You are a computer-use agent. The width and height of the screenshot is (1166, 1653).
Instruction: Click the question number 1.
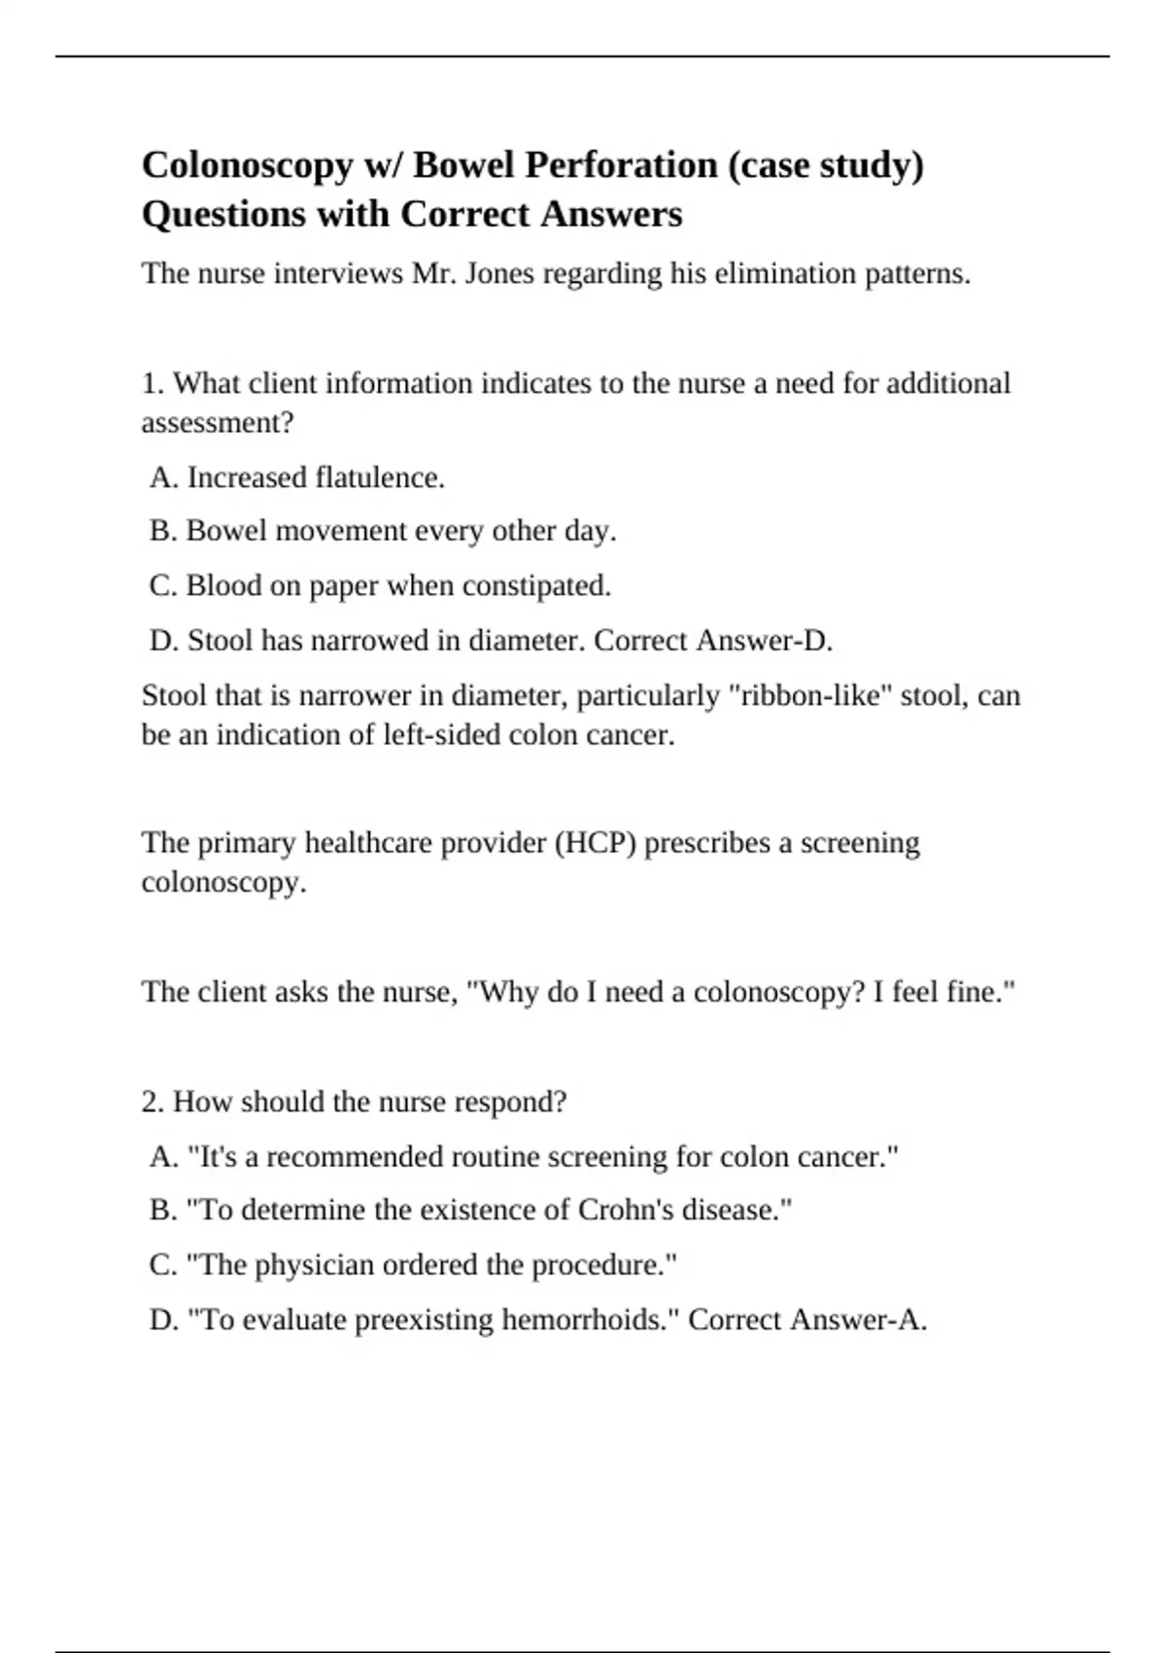(152, 383)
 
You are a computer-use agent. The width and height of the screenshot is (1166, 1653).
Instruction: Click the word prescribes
(706, 842)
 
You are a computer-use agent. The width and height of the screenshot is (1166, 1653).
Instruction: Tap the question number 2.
(152, 1102)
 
